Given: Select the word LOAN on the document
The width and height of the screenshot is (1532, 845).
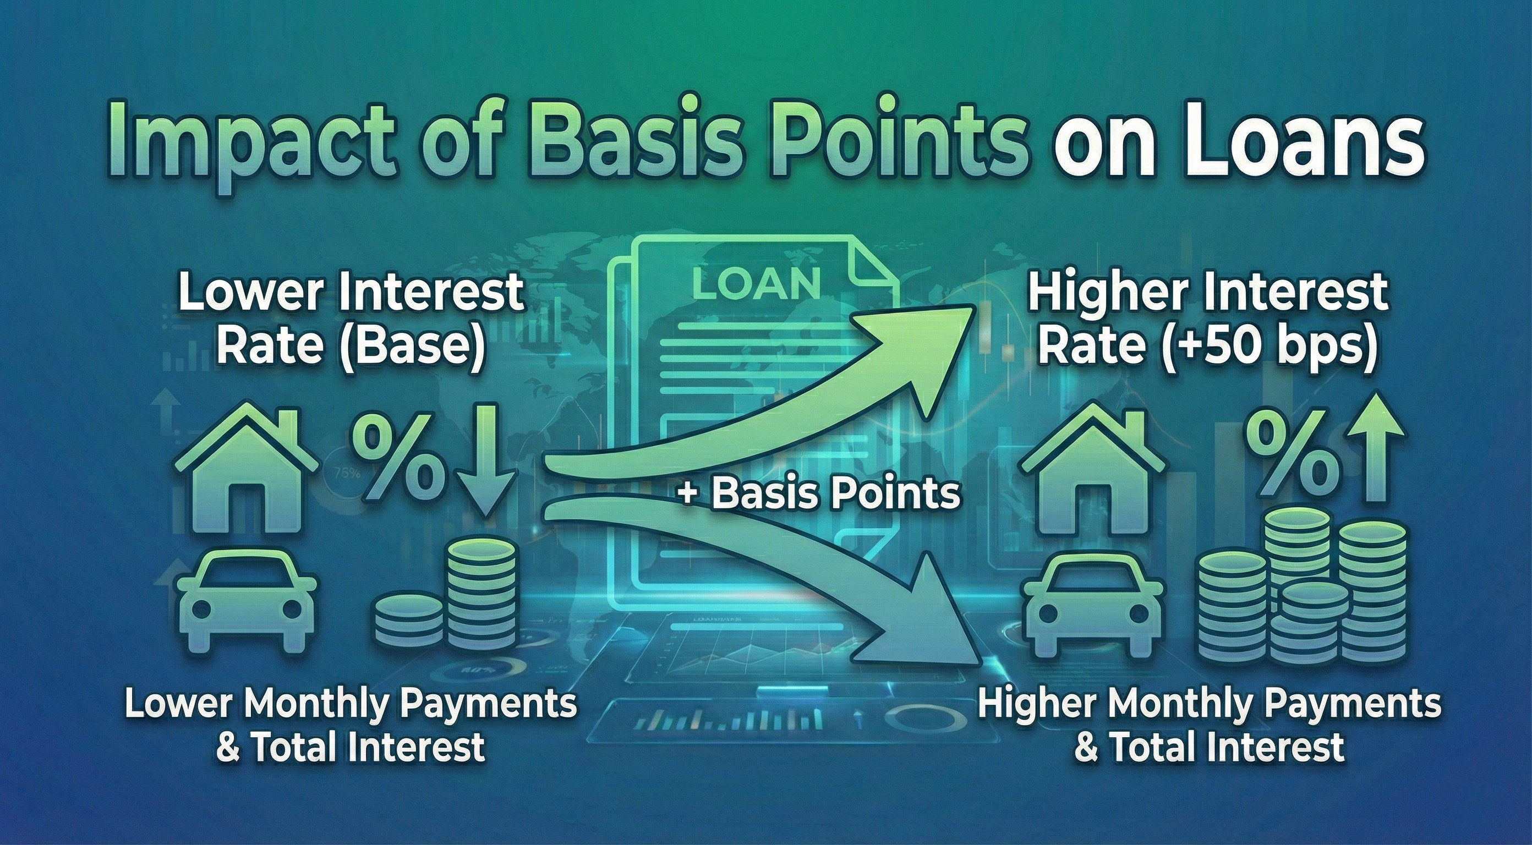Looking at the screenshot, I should click(x=757, y=283).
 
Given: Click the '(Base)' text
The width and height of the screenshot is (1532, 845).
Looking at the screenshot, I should click(x=411, y=346).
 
